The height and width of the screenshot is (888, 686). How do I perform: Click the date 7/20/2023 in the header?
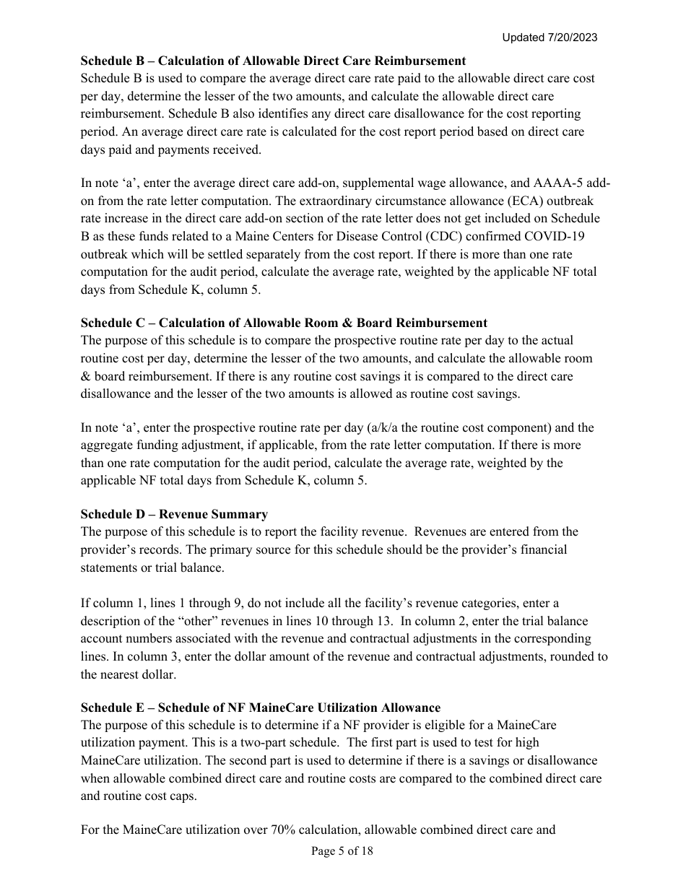[572, 38]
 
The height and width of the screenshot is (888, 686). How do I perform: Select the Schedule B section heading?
[273, 61]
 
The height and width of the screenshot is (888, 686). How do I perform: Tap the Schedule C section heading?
[284, 323]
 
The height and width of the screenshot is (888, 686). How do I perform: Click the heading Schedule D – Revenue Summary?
[174, 514]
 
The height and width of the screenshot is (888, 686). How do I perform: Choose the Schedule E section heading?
[260, 708]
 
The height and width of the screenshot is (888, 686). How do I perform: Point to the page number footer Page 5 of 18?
[342, 851]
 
